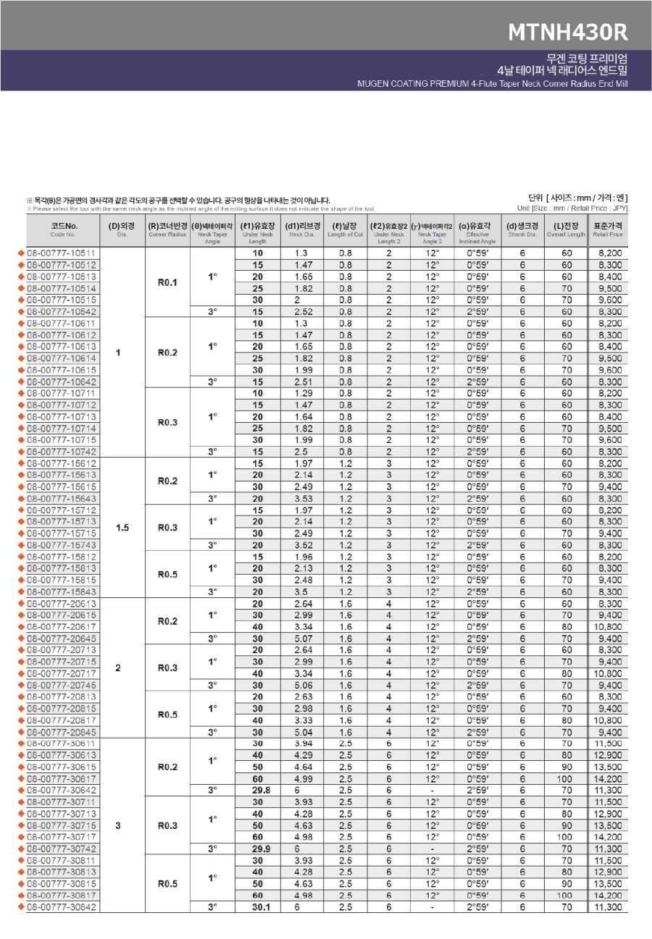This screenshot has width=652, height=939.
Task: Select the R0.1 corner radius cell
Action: (x=167, y=282)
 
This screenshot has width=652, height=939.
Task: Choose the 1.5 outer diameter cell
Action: (x=122, y=528)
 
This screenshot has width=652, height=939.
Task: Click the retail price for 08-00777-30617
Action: (x=607, y=779)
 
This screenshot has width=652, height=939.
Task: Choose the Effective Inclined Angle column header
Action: (x=477, y=230)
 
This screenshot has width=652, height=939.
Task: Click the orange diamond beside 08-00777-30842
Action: (x=21, y=907)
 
